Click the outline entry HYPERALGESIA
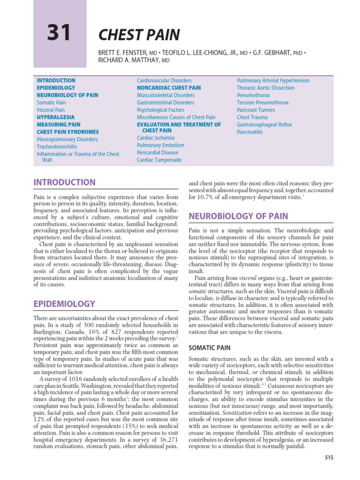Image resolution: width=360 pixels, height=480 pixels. (x=56, y=117)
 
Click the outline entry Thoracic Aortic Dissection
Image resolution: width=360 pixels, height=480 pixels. (x=266, y=88)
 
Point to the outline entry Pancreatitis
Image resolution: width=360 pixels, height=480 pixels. (x=250, y=132)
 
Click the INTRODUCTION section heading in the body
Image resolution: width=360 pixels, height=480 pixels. (x=64, y=182)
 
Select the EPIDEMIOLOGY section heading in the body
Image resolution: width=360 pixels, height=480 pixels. (x=64, y=304)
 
